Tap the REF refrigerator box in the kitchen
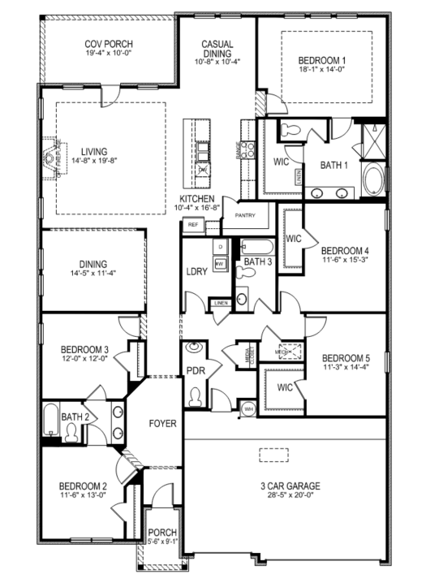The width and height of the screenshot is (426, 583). click(x=192, y=224)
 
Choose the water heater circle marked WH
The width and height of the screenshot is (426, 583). click(x=249, y=408)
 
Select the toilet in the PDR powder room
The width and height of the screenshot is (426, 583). click(x=195, y=397)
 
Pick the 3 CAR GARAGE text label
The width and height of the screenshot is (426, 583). click(x=285, y=486)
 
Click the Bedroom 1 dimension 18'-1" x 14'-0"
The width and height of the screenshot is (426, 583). click(x=322, y=71)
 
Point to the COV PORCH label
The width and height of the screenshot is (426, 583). click(x=109, y=45)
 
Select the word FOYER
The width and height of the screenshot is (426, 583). click(x=163, y=424)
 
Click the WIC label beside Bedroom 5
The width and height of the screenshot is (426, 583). click(x=284, y=387)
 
